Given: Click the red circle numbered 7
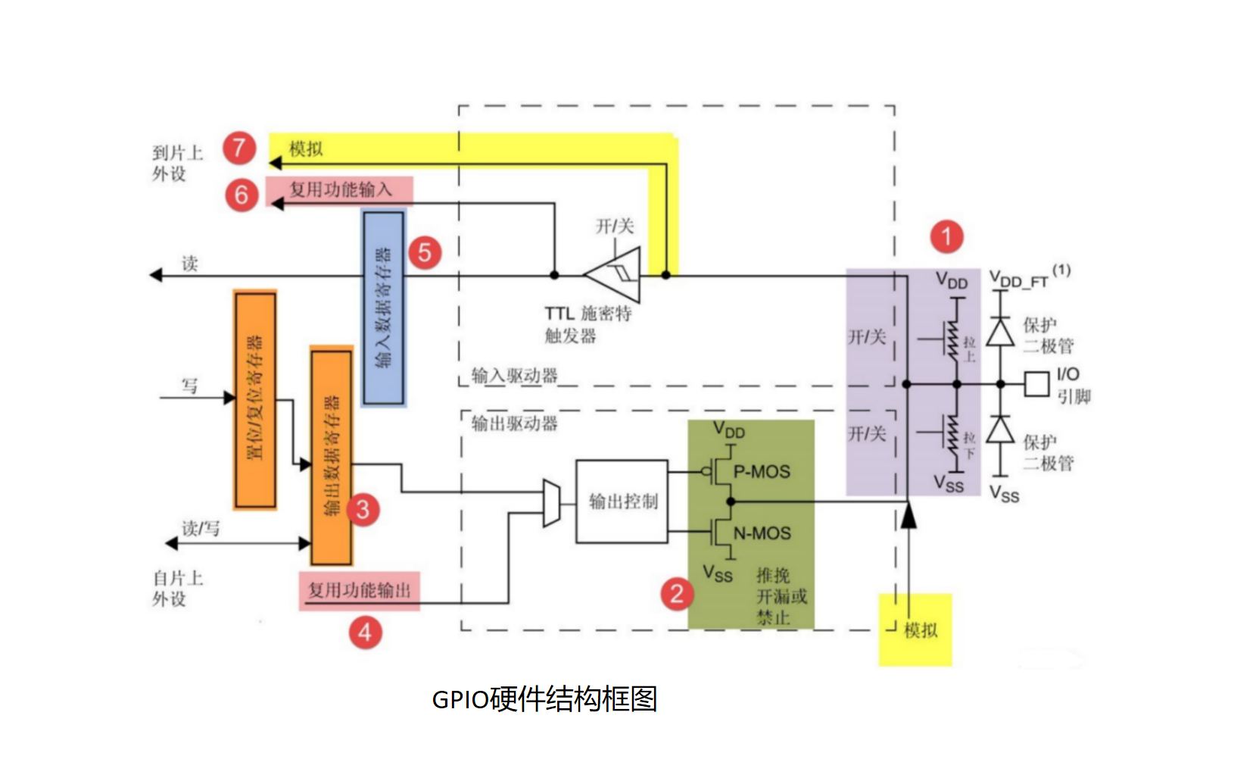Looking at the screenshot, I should click(238, 147).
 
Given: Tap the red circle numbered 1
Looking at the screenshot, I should click(946, 236).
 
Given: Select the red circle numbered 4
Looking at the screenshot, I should click(365, 632).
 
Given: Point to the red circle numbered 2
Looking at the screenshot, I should click(677, 594).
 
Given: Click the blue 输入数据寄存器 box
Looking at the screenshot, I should click(384, 308).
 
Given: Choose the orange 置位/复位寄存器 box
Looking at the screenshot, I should click(255, 399).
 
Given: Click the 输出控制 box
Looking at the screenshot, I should click(622, 501).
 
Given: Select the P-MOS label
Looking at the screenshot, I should click(762, 472).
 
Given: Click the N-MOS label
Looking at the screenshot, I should click(762, 533).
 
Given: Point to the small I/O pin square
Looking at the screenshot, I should click(1036, 384).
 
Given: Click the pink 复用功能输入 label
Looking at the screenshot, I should click(340, 189).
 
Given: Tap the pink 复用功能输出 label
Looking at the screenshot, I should click(359, 590).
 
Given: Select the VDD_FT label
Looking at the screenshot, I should click(1019, 280).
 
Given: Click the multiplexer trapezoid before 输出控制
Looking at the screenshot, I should click(552, 502).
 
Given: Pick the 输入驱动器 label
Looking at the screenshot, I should click(514, 376).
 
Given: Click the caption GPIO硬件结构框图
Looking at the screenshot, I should click(544, 698).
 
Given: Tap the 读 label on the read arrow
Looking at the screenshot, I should click(189, 264).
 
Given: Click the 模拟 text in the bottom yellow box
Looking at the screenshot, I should click(921, 630).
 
